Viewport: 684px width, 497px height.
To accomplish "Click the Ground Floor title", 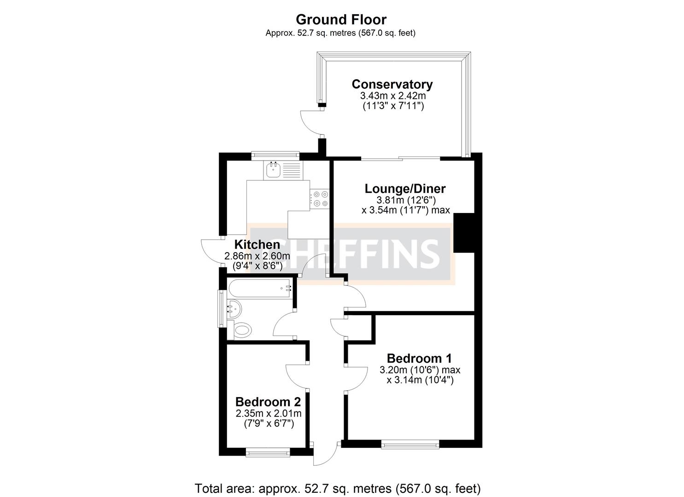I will click(341, 20).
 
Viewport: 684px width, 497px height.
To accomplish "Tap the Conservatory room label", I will click(392, 84).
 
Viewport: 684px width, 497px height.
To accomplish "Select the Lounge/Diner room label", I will click(405, 189).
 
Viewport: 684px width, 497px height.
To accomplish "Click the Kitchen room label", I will click(257, 244).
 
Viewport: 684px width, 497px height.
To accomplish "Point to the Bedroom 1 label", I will click(419, 358).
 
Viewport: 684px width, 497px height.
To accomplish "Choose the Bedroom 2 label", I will click(268, 401).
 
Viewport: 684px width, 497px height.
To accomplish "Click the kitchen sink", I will click(273, 170).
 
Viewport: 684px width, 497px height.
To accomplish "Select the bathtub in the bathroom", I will click(260, 289).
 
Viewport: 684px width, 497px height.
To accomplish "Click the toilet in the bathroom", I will click(242, 329).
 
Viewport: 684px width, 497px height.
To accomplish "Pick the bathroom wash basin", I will click(234, 308).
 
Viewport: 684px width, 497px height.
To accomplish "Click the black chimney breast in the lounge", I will click(464, 232).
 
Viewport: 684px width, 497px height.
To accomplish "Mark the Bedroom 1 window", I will click(410, 444).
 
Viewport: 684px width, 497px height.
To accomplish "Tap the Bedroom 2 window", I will click(268, 453).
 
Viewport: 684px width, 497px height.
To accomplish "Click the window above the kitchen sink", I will click(275, 156).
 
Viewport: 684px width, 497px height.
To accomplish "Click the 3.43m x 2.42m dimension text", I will click(392, 96).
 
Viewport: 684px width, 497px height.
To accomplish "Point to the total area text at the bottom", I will click(338, 488).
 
